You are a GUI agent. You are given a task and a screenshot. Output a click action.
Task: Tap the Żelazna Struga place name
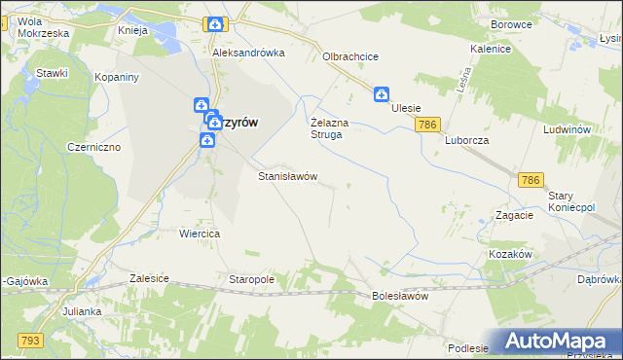[x=325, y=128]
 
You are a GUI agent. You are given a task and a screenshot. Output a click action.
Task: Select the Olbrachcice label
[x=350, y=56]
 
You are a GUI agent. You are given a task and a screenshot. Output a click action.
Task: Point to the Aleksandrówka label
[x=247, y=54]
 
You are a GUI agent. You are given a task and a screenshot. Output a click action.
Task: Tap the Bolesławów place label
[x=400, y=296]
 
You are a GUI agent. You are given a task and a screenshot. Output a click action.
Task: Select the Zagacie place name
[x=514, y=215]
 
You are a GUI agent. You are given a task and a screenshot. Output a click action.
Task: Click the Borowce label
[x=512, y=23]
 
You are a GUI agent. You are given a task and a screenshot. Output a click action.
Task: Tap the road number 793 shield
[x=30, y=340]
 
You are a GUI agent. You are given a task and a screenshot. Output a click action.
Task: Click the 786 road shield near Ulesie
[x=427, y=126]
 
